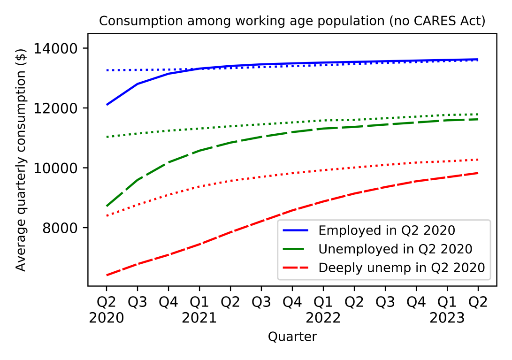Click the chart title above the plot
click(292, 21)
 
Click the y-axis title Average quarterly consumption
click(20, 159)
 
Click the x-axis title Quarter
click(292, 337)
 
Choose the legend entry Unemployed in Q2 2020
click(395, 249)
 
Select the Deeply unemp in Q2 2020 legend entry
click(401, 268)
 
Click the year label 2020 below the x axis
click(107, 318)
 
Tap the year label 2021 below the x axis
click(199, 318)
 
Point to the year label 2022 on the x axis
click(323, 318)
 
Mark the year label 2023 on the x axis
click(447, 318)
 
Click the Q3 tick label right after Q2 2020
click(138, 302)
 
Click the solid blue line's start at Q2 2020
click(107, 105)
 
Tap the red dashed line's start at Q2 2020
click(107, 275)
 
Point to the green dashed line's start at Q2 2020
click(107, 206)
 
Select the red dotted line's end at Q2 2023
click(478, 160)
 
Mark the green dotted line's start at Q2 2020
click(107, 137)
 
